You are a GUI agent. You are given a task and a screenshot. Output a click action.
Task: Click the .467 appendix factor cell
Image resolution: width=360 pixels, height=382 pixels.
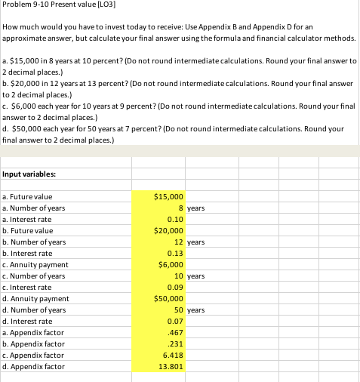pos(176,332)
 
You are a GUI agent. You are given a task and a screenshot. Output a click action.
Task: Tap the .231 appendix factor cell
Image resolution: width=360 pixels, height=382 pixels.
pos(176,343)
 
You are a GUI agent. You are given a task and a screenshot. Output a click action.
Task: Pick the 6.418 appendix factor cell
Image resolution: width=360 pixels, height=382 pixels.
pos(173,355)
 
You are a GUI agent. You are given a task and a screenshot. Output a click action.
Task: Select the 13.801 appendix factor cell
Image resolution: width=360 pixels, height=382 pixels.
pos(171,366)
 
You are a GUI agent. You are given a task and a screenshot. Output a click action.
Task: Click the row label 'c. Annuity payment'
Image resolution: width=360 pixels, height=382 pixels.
pos(35,264)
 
